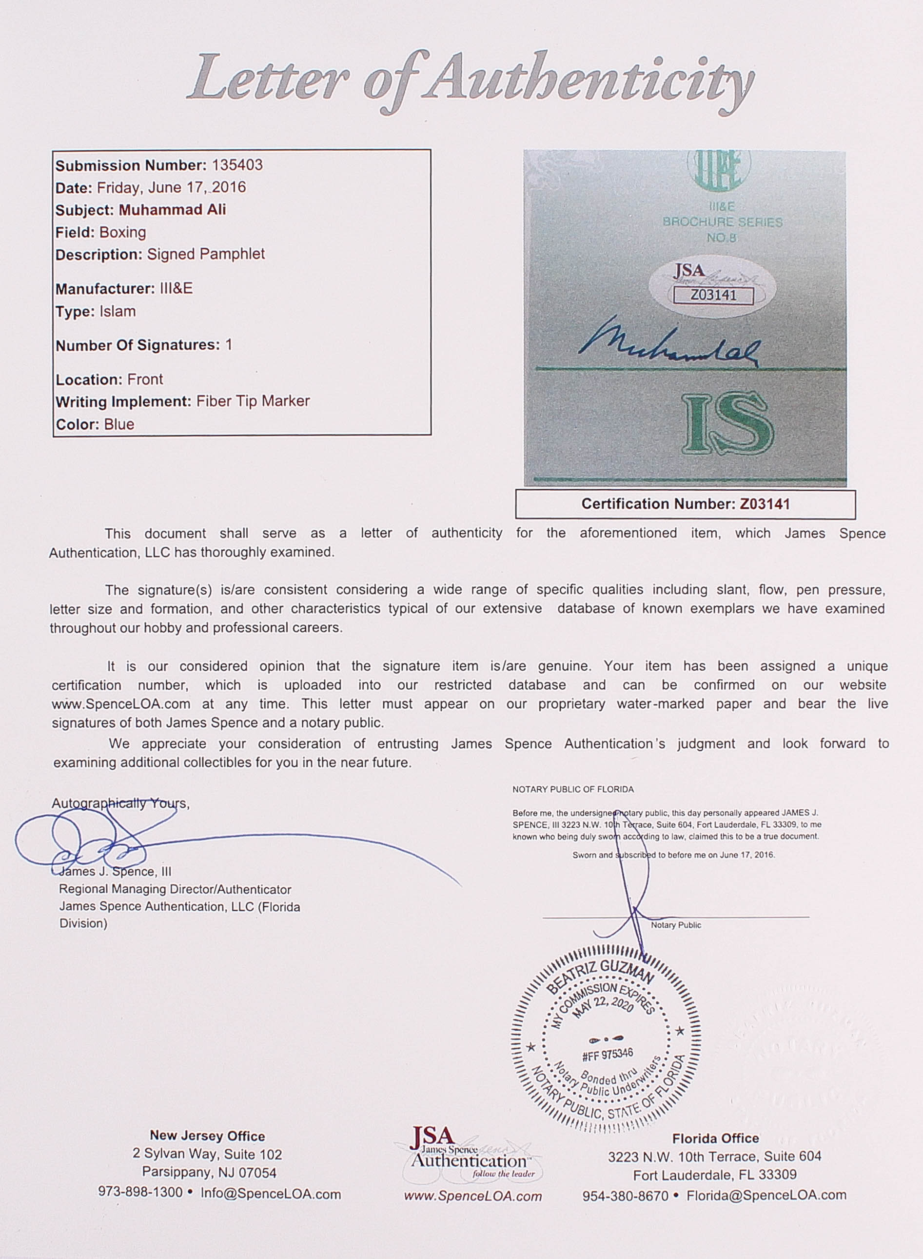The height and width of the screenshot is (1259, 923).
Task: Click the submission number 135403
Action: [235, 165]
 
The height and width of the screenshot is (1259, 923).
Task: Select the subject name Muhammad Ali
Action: [172, 210]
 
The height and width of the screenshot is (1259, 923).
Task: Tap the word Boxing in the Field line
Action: [122, 233]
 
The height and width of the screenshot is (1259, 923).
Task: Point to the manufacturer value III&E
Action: [176, 288]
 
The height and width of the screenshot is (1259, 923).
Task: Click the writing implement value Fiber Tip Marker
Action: [253, 401]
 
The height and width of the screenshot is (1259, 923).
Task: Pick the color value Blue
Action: [119, 424]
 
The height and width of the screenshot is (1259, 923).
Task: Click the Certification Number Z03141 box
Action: [685, 504]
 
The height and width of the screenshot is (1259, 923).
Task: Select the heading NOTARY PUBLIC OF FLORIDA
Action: [573, 789]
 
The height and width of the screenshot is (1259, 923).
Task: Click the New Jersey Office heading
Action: [207, 1136]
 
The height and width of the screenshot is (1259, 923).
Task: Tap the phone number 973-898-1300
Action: [140, 1192]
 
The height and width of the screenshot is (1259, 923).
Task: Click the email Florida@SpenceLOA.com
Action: [766, 1195]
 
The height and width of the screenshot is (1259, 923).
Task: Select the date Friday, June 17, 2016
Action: [171, 188]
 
